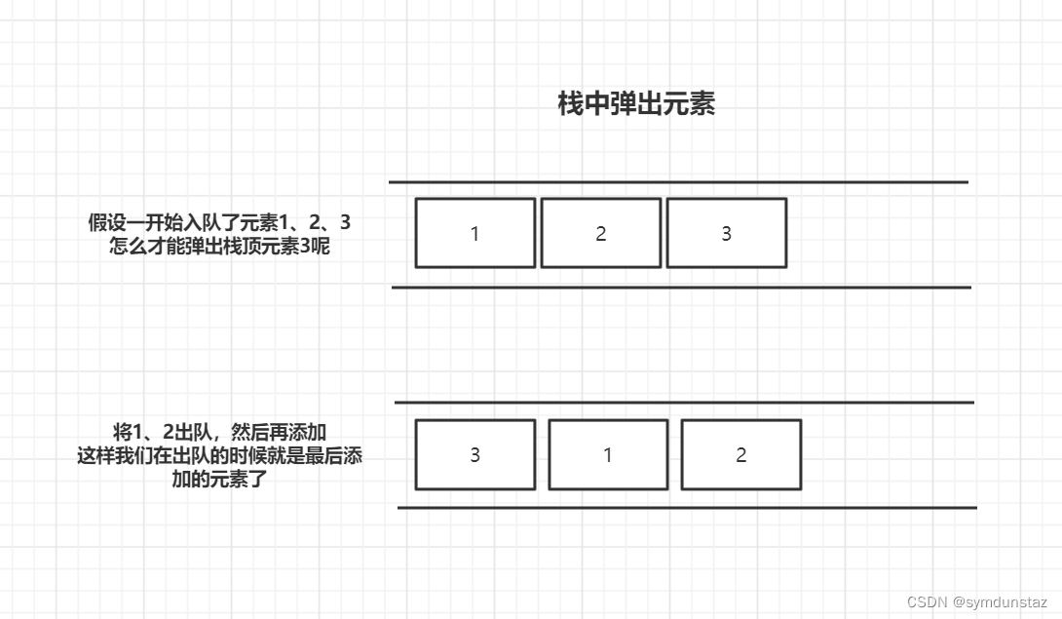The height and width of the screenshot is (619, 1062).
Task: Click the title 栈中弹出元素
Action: [x=636, y=104]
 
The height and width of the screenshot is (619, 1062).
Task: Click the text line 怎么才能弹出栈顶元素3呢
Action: [x=219, y=246]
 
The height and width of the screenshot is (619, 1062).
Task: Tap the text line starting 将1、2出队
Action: [x=219, y=433]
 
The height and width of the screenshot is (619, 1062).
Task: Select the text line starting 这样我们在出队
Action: [x=219, y=455]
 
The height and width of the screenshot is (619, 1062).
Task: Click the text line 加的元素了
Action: [x=219, y=479]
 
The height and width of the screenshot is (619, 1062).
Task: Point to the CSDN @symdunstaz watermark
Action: [x=976, y=602]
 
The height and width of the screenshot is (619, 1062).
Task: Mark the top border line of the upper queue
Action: [x=678, y=182]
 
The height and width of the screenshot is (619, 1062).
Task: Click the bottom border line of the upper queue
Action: [x=681, y=288]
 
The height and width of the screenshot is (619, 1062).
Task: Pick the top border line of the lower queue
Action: [x=684, y=402]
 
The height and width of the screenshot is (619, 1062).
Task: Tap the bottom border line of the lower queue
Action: [x=687, y=507]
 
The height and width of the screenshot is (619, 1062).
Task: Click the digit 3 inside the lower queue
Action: [x=475, y=455]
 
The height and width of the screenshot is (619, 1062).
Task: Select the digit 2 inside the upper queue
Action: [x=601, y=234]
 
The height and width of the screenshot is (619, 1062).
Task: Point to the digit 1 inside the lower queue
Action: [x=608, y=455]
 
